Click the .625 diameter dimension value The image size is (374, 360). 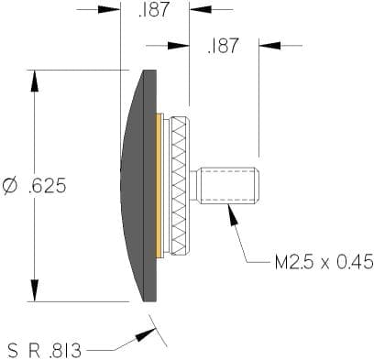click(47, 185)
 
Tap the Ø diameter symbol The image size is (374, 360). click(10, 186)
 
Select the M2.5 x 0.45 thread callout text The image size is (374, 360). click(324, 262)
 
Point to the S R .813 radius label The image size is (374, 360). click(45, 351)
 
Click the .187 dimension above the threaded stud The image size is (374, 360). click(223, 46)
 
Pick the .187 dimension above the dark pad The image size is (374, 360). click(154, 9)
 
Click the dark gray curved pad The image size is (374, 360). click(139, 186)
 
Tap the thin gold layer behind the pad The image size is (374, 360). click(159, 186)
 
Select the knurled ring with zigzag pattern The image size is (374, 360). click(180, 186)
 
